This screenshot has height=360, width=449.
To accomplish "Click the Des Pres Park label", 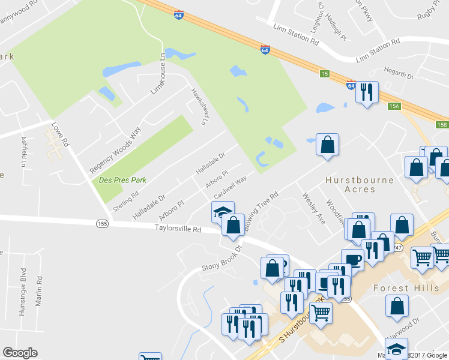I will (x=118, y=179).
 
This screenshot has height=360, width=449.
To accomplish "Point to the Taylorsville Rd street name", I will (x=178, y=228).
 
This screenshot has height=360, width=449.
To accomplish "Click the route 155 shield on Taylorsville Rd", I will (x=102, y=223).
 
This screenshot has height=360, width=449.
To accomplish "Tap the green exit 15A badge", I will (x=394, y=106).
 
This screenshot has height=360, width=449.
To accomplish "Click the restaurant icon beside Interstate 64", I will (x=366, y=92).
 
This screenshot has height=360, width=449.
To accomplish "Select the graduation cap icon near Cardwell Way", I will (x=222, y=212).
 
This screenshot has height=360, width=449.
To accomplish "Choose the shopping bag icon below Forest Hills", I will (x=397, y=306).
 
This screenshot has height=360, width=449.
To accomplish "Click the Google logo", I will (x=20, y=353).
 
